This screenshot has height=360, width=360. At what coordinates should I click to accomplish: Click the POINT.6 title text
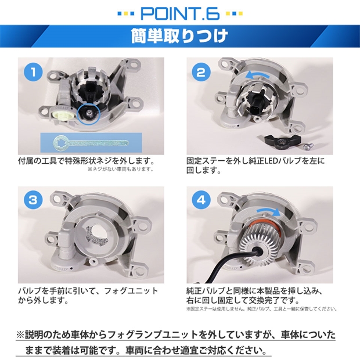180,13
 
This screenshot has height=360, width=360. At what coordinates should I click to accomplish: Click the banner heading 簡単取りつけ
180,36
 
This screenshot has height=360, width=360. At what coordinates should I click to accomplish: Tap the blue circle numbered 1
33,72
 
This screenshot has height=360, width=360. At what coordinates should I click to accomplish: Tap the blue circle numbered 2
201,72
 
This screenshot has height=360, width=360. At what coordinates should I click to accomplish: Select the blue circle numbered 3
33,200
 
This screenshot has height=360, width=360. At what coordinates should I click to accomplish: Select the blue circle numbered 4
201,200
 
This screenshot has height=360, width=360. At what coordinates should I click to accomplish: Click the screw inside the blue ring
88,112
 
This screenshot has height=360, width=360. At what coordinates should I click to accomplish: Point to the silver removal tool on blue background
91,143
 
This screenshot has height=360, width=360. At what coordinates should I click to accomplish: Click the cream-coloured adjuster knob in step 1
62,114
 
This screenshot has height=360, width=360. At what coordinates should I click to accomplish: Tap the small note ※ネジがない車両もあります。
121,169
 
